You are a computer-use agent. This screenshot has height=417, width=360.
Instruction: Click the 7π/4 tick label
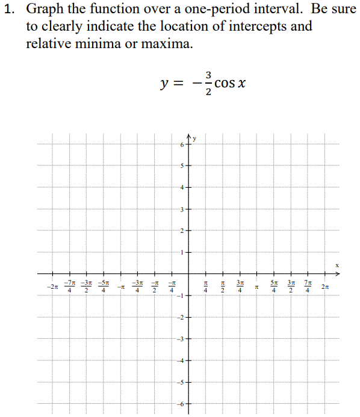pyautogui.click(x=308, y=286)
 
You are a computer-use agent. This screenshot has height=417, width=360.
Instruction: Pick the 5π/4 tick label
pyautogui.click(x=274, y=286)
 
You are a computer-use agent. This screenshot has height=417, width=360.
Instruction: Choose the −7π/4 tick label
pyautogui.click(x=70, y=286)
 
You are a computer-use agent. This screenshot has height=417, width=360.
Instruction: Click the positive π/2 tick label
pyautogui.click(x=223, y=286)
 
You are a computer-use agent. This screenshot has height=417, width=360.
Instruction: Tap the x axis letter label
pyautogui.click(x=338, y=265)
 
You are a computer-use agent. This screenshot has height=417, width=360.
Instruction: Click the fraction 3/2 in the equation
pyautogui.click(x=208, y=83)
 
